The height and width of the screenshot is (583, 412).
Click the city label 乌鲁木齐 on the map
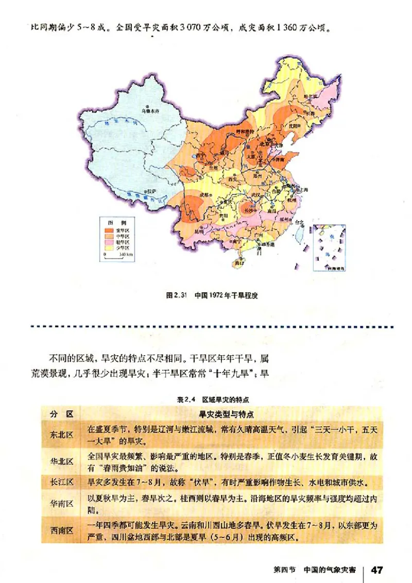[150, 110]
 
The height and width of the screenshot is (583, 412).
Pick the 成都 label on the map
[204, 195]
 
